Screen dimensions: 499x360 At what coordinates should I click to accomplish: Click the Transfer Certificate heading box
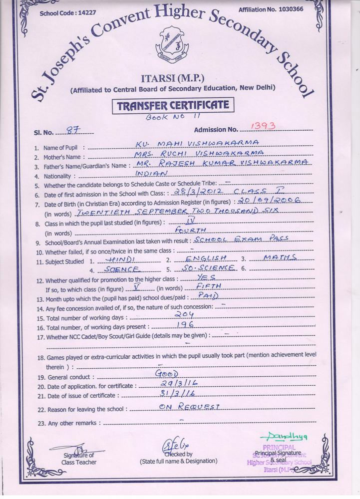[x=173, y=105]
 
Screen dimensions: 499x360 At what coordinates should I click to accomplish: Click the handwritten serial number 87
[x=73, y=131]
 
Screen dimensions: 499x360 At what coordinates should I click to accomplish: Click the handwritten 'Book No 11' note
[x=166, y=117]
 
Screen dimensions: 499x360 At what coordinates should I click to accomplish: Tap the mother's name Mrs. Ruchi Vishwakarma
[x=201, y=153]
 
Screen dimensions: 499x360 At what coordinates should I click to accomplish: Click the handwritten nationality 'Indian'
[x=152, y=173]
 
